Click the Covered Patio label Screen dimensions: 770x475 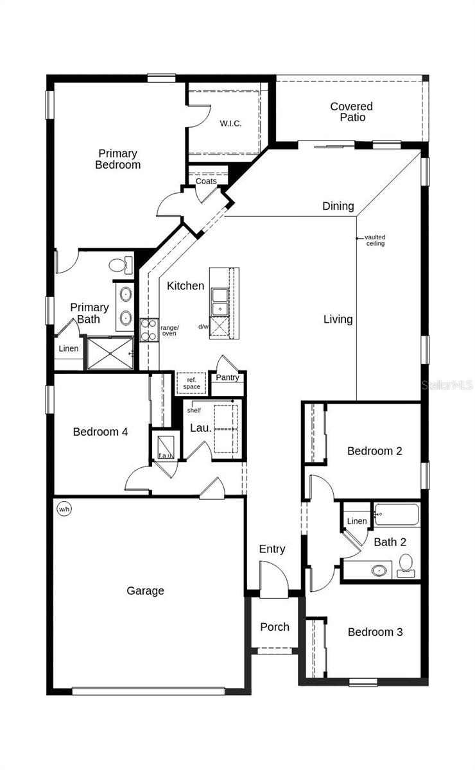click(351, 112)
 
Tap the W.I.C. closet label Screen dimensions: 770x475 click(230, 123)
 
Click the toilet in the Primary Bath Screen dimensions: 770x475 click(119, 264)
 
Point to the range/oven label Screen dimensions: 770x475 click(169, 330)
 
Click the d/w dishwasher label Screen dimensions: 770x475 click(203, 327)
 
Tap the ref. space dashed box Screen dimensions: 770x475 click(191, 383)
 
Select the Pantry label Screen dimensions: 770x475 click(227, 377)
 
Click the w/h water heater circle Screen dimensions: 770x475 click(64, 509)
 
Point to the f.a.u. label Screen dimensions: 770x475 click(166, 456)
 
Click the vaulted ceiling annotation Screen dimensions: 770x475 click(376, 241)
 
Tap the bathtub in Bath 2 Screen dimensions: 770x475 click(397, 515)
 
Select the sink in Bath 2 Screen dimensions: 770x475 click(379, 569)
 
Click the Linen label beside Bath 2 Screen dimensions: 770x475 click(357, 521)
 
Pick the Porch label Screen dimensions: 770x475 click(275, 627)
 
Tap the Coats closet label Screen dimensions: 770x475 click(206, 181)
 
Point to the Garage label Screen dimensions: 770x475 click(145, 591)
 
